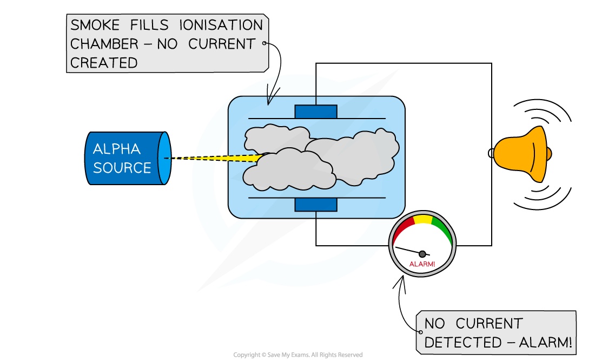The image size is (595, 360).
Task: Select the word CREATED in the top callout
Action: point(104,63)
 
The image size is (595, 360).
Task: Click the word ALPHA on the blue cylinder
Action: point(116,149)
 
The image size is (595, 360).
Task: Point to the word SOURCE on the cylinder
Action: point(122,168)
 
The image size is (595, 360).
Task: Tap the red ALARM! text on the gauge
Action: point(422,264)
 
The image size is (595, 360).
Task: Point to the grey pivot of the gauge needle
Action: point(422,254)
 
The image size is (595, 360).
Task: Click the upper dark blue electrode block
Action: point(316,112)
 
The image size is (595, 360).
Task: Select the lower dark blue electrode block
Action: point(316,205)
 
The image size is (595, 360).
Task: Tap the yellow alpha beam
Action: point(238,158)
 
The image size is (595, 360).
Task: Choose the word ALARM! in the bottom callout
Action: point(545,343)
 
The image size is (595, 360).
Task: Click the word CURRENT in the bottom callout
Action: point(489,324)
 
